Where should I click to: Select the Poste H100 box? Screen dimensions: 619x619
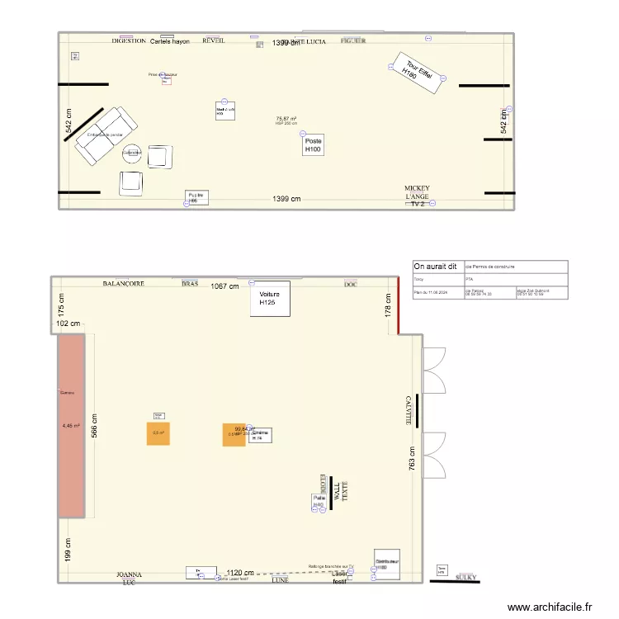(313, 145)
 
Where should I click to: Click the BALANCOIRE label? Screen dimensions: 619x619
(124, 283)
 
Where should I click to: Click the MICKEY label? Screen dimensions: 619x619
(417, 188)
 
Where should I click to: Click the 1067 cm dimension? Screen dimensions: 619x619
(224, 286)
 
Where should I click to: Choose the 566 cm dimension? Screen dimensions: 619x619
(95, 426)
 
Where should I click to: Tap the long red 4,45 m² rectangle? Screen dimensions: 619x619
(71, 426)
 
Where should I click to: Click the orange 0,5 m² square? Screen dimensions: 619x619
(158, 432)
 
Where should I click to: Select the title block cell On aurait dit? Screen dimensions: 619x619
(437, 267)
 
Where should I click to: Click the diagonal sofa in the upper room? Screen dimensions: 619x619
(100, 135)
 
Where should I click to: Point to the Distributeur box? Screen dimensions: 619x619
(386, 563)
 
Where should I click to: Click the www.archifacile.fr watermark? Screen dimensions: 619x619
(550, 607)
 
